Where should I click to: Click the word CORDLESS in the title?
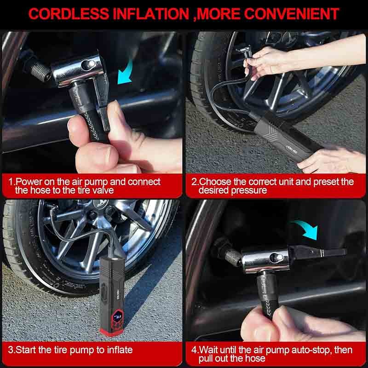[69, 14]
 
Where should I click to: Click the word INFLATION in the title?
[151, 14]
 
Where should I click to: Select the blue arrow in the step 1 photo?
[125, 72]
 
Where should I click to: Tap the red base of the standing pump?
[112, 332]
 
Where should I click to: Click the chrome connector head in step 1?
[77, 69]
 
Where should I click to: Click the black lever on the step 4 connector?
[317, 252]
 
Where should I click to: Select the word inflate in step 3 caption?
[120, 350]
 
